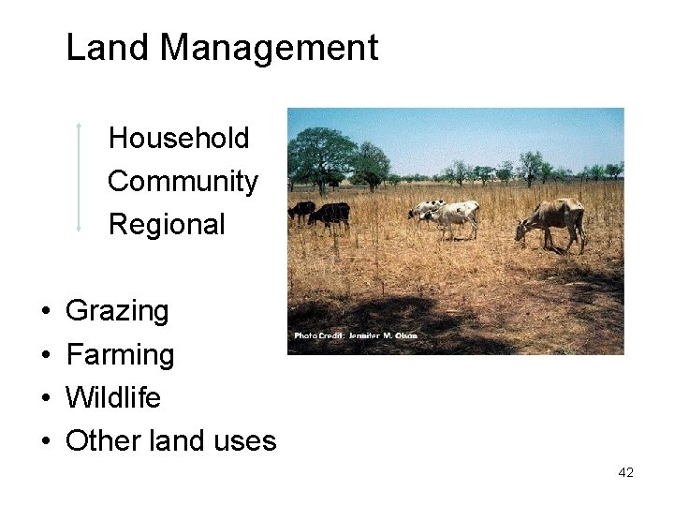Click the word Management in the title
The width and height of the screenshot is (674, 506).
pyautogui.click(x=269, y=48)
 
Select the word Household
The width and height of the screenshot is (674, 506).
pyautogui.click(x=179, y=139)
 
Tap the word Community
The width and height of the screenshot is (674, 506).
pyautogui.click(x=183, y=182)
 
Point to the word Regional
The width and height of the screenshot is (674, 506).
pyautogui.click(x=167, y=225)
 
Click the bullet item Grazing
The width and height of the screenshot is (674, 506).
pyautogui.click(x=117, y=311)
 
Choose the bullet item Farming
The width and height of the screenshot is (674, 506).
pyautogui.click(x=120, y=355)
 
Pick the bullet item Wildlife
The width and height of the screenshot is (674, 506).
pyautogui.click(x=113, y=398)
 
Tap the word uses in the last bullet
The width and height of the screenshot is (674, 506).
pyautogui.click(x=244, y=441)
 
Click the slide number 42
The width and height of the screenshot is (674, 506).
pyautogui.click(x=625, y=473)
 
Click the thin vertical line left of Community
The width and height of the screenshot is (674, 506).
pyautogui.click(x=80, y=178)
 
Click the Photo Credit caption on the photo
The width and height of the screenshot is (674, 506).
pyautogui.click(x=356, y=335)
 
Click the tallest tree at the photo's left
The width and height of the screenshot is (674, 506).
pyautogui.click(x=320, y=155)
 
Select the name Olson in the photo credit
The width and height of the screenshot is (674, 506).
pyautogui.click(x=404, y=335)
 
